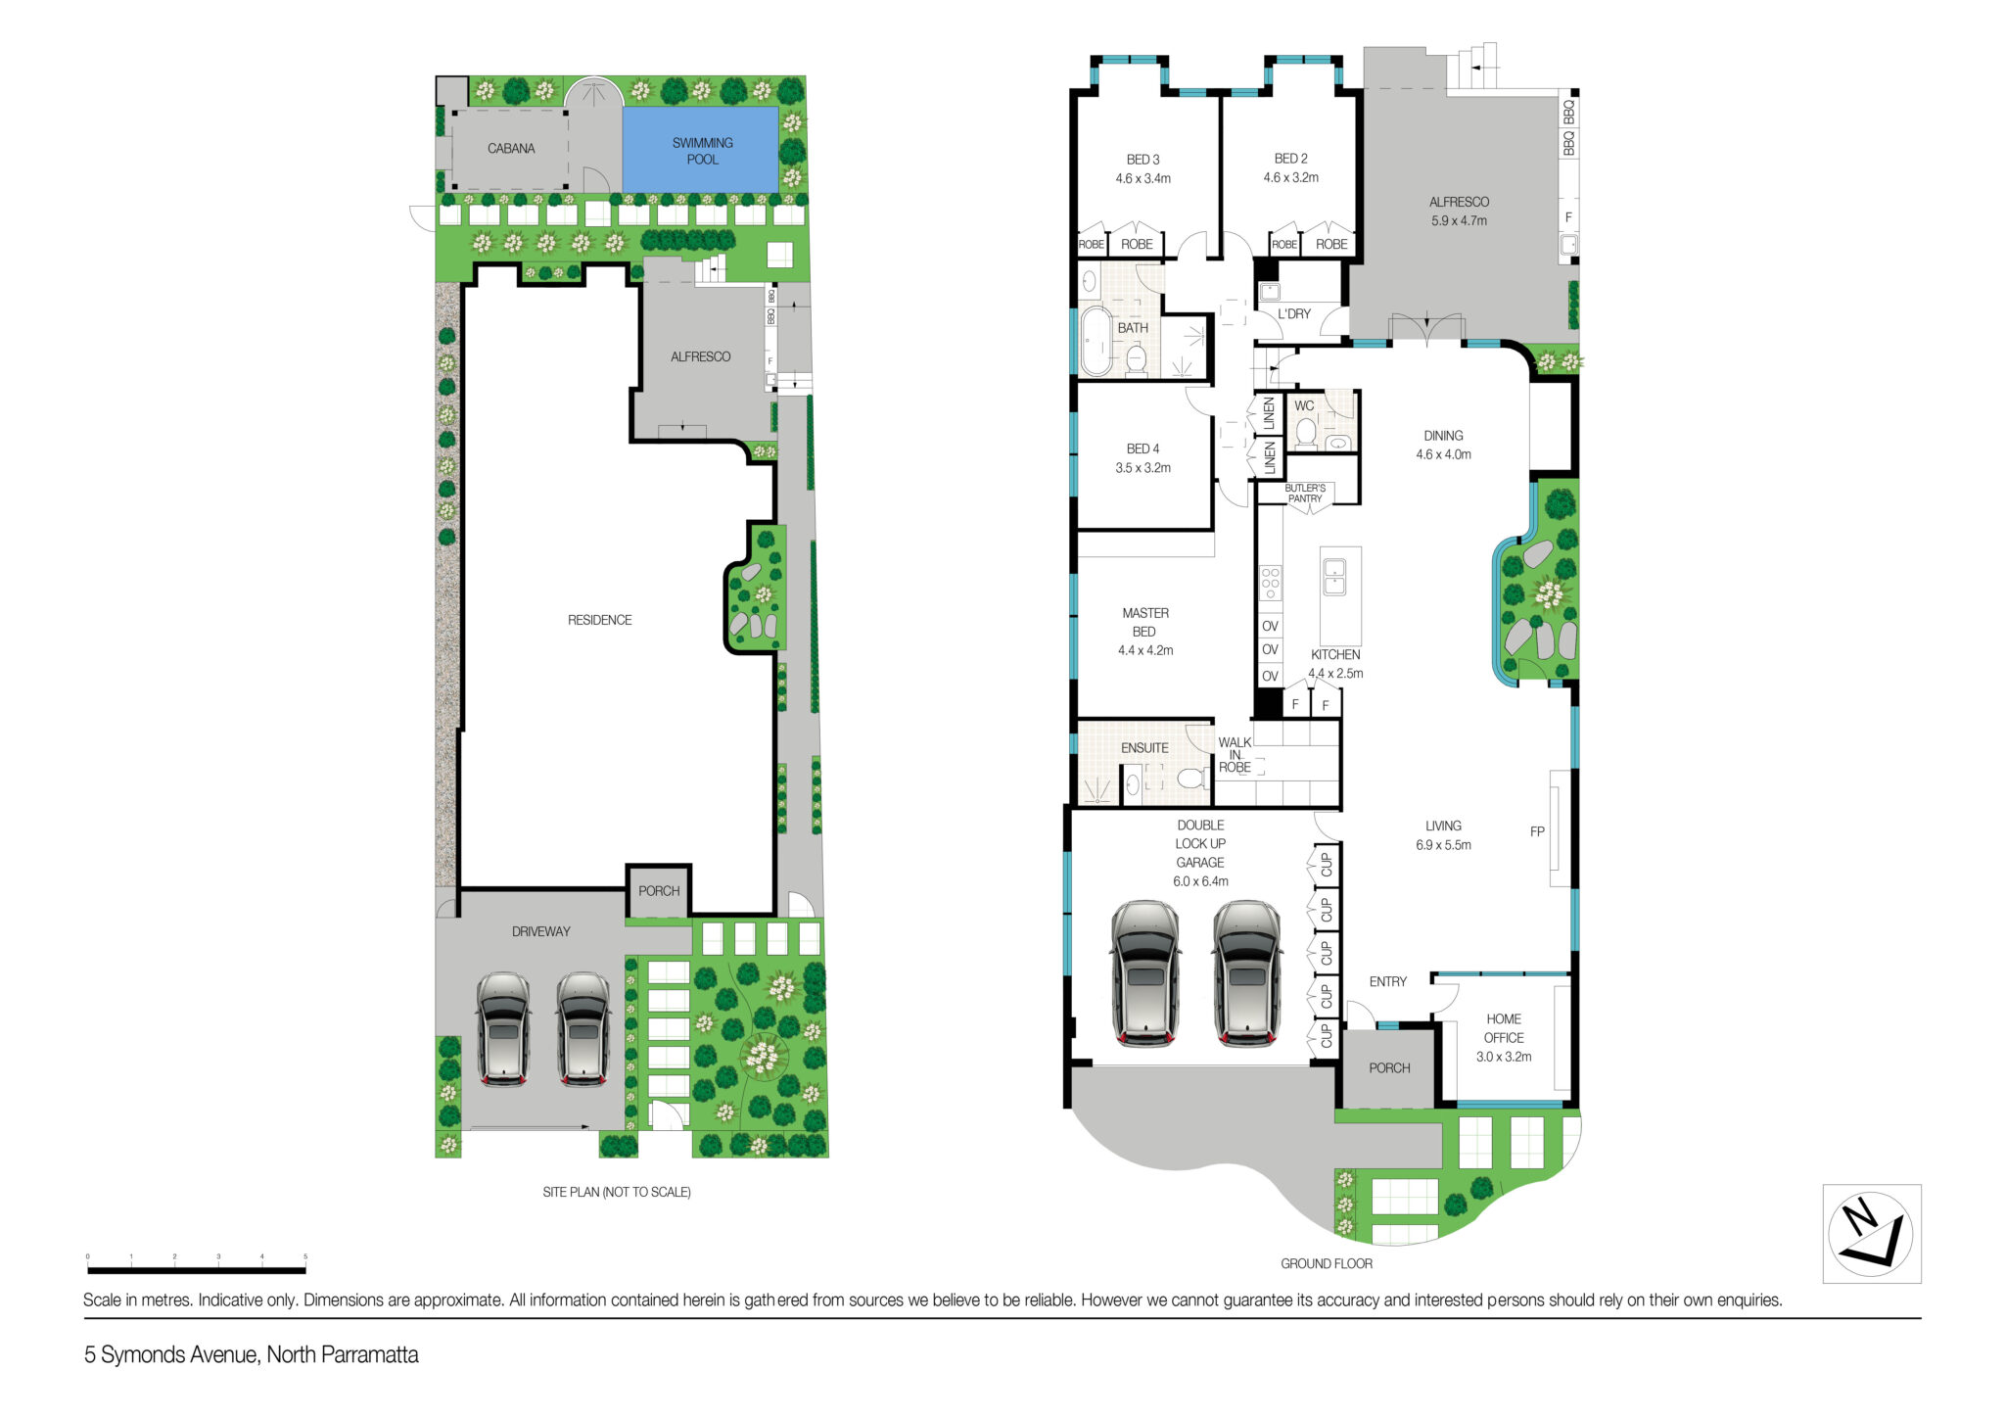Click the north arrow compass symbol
(1871, 1233)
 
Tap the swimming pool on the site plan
(701, 150)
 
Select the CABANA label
(511, 149)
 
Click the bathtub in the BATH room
(1096, 342)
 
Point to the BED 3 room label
(1142, 160)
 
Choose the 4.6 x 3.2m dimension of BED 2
(1290, 178)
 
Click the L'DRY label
(1293, 314)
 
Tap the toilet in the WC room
(1305, 432)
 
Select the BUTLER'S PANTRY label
(1305, 494)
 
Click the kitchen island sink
(1333, 577)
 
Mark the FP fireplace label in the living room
(1537, 831)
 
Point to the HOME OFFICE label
(1504, 1028)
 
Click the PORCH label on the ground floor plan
(1389, 1068)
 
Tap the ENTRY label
(1387, 981)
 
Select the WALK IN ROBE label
(1235, 755)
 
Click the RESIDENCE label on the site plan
(599, 620)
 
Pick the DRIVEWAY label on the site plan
(540, 931)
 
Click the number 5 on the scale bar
(305, 1256)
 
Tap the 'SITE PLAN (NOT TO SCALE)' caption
(617, 1192)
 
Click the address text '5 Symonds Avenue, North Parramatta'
(252, 1355)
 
